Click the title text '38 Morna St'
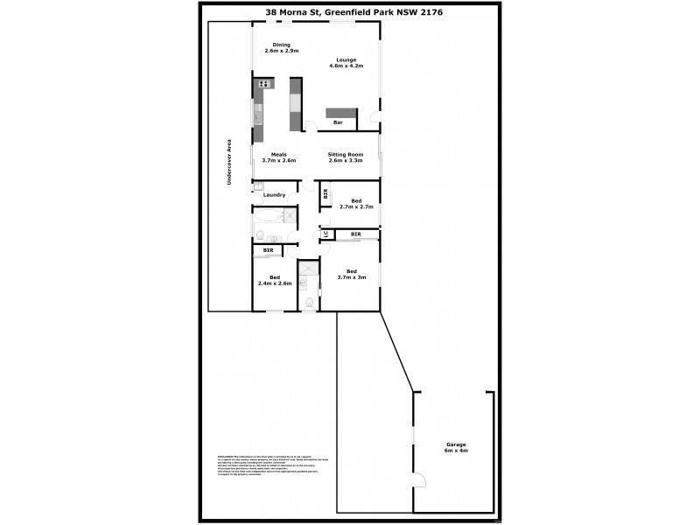pyautogui.click(x=292, y=12)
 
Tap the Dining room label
pyautogui.click(x=281, y=44)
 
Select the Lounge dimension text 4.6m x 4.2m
pyautogui.click(x=346, y=66)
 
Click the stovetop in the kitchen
pyautogui.click(x=263, y=84)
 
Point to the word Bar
pyautogui.click(x=337, y=122)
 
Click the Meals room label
pyautogui.click(x=278, y=154)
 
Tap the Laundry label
pyautogui.click(x=274, y=195)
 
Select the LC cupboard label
pyautogui.click(x=325, y=234)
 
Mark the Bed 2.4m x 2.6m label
pyautogui.click(x=275, y=277)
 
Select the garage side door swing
pyautogui.click(x=420, y=479)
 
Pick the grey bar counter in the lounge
pyautogui.click(x=341, y=112)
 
